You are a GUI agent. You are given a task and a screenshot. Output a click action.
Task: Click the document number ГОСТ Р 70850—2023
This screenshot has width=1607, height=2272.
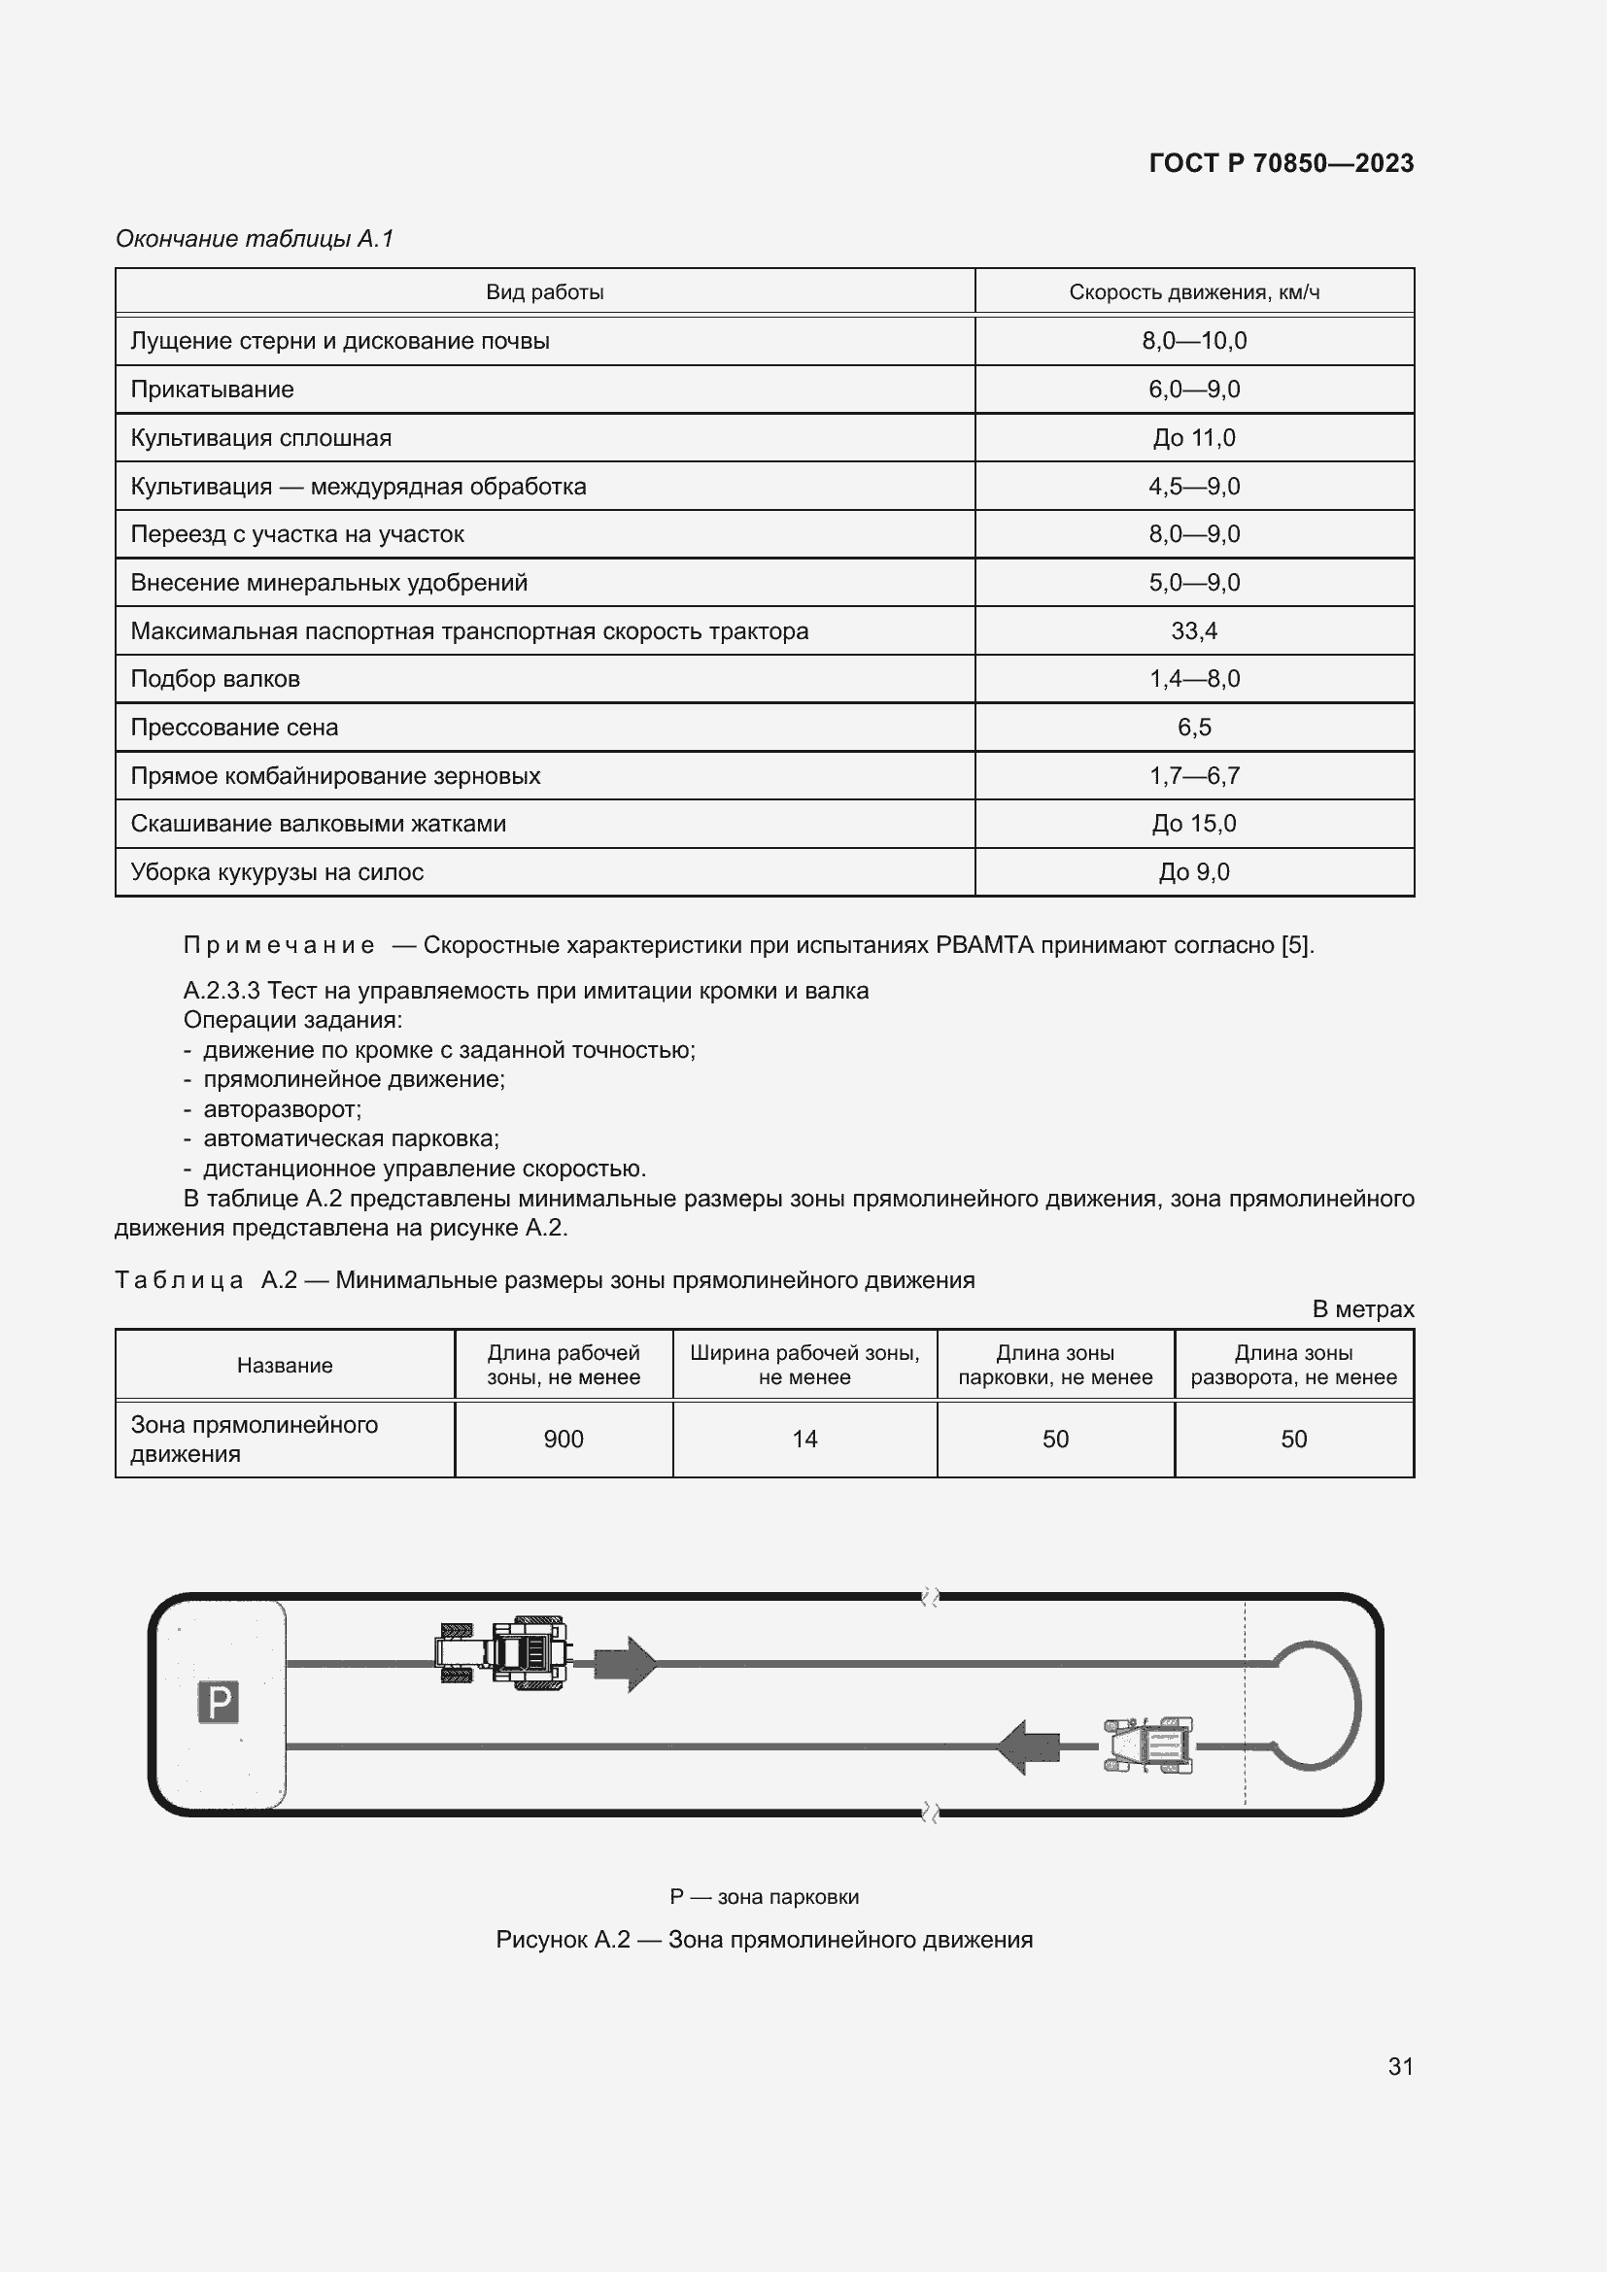1281,163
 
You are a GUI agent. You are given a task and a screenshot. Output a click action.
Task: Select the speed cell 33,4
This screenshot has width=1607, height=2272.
1193,630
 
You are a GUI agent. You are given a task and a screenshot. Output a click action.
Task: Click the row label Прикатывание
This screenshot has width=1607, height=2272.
212,389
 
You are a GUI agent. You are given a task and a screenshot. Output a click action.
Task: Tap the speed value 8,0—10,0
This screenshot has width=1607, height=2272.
1193,340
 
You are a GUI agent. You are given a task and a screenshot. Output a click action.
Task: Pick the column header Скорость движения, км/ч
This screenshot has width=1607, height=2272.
1193,292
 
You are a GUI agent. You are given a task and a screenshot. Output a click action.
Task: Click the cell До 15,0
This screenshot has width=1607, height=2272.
1193,824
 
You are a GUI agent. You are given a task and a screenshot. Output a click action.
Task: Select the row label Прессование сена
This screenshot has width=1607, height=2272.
234,728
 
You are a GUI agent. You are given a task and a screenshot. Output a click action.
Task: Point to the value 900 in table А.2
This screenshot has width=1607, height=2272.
564,1439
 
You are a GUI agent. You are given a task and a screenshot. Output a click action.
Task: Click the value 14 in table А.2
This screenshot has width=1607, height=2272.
804,1439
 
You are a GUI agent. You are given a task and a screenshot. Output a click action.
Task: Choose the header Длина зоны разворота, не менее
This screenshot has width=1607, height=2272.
1293,1365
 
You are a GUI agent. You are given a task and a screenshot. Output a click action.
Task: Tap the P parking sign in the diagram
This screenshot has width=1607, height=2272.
219,1702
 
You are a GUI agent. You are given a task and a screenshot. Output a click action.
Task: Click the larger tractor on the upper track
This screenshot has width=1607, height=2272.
504,1651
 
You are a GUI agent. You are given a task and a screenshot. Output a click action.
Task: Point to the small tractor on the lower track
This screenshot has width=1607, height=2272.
1147,1745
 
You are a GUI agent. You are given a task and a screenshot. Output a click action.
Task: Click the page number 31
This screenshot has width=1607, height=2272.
1400,2065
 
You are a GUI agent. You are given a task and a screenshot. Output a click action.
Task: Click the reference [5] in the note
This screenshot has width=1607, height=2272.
1295,945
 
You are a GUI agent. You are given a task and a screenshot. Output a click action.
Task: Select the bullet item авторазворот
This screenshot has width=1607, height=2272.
282,1108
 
